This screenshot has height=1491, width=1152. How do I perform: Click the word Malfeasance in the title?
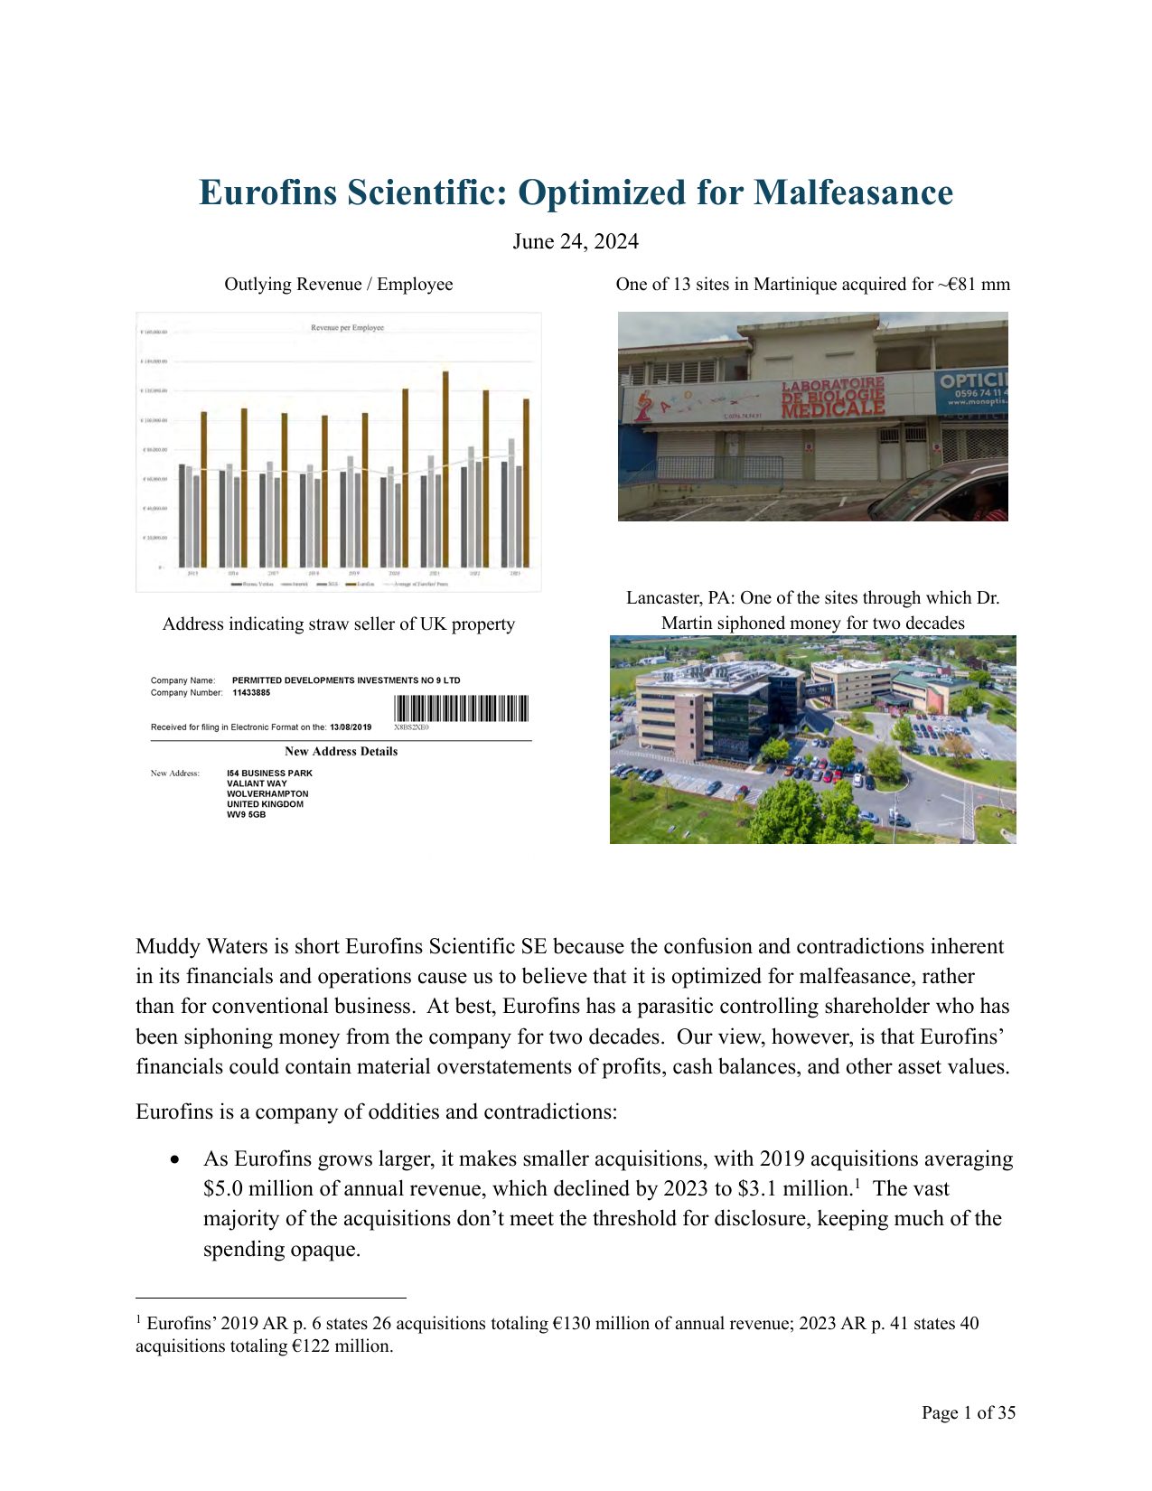click(x=853, y=192)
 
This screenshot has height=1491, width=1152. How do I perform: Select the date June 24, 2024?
click(x=576, y=241)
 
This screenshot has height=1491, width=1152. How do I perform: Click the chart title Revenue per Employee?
click(x=347, y=327)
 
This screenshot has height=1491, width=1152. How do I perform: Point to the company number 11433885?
click(x=251, y=693)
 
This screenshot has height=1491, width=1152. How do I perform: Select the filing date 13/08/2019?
click(x=351, y=727)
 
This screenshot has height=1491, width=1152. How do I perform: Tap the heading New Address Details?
click(x=341, y=751)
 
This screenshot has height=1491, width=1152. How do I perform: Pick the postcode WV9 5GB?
click(x=247, y=814)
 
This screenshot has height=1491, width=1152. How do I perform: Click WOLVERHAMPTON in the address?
click(x=267, y=793)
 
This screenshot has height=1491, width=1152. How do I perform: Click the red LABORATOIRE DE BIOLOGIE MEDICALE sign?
click(x=832, y=398)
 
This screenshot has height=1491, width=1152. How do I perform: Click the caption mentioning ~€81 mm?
click(x=812, y=284)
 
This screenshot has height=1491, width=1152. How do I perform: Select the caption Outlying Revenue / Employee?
click(x=339, y=284)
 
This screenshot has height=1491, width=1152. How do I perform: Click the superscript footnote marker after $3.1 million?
click(x=857, y=1182)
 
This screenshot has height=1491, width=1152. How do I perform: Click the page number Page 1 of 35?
click(x=968, y=1412)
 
